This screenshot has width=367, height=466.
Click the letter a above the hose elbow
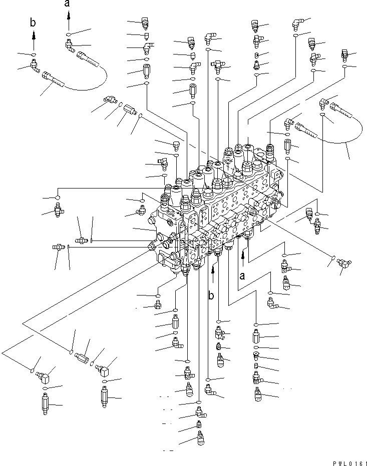click(x=67, y=4)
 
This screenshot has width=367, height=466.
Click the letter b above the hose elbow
click(x=33, y=23)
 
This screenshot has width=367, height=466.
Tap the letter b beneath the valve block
click(x=212, y=295)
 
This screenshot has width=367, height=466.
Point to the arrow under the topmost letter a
click(x=67, y=20)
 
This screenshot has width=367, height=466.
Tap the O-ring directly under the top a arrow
click(x=68, y=34)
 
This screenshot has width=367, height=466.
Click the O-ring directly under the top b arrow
click(x=33, y=53)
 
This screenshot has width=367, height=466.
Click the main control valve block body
click(x=220, y=205)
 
